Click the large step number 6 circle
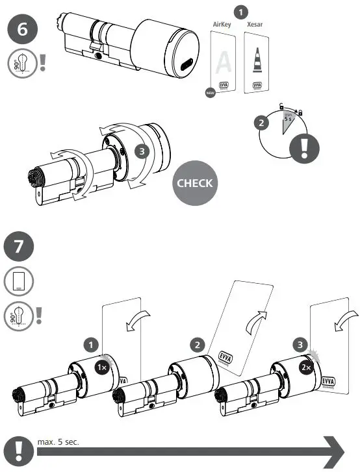(22, 30)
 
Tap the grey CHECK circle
(194, 183)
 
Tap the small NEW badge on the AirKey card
(210, 93)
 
